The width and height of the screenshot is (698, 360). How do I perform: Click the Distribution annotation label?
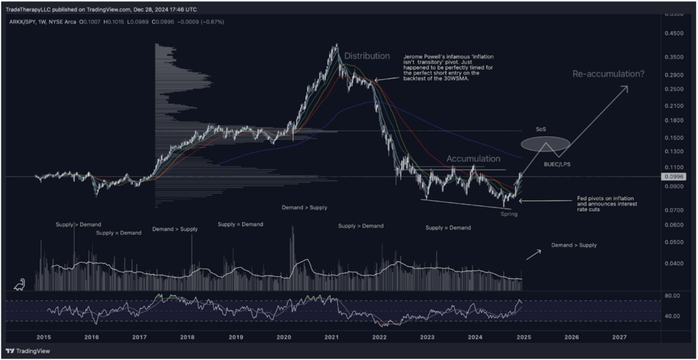click(x=367, y=56)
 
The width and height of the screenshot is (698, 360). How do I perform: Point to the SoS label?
click(x=541, y=130)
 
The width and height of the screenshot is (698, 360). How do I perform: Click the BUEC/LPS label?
click(x=556, y=164)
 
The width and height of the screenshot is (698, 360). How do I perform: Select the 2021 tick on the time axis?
click(x=332, y=337)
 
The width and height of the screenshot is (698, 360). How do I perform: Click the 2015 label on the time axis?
click(x=44, y=337)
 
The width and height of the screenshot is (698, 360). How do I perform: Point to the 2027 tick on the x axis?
click(x=620, y=337)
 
